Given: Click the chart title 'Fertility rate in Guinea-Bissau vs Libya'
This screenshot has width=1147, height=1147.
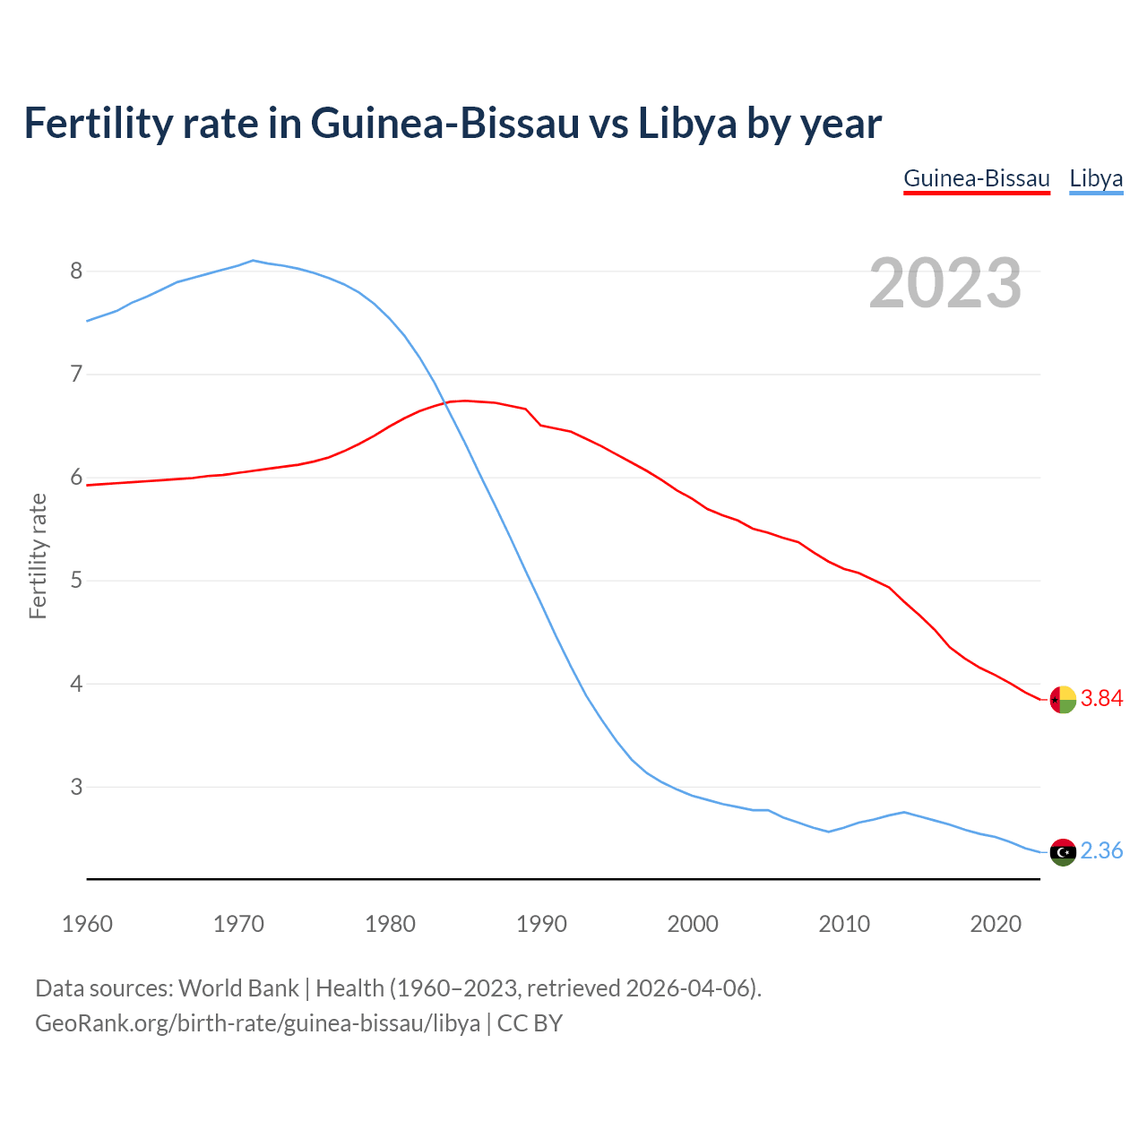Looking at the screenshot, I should [453, 123].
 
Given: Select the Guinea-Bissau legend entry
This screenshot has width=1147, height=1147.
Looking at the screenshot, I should [976, 178].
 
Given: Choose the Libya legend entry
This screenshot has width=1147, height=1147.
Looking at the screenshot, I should [1096, 178].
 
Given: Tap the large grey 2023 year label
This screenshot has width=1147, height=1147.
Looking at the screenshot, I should [945, 283].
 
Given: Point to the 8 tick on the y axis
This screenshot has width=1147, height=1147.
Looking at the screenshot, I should [76, 271].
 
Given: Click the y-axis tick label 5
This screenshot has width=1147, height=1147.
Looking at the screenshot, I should [76, 581].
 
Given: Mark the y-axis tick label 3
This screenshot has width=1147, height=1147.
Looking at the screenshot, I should [76, 787].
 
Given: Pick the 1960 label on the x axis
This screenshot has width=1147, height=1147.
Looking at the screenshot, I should [87, 924].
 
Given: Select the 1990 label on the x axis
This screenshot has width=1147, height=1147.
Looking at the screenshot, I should [541, 924].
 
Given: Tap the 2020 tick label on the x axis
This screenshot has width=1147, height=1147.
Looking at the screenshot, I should [996, 924].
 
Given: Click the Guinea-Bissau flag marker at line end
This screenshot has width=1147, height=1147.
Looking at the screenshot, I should [1063, 699].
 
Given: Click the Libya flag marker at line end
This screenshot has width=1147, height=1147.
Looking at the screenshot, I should [1063, 852].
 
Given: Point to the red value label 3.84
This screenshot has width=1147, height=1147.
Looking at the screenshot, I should [1101, 699].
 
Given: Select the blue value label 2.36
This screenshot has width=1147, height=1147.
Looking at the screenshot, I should [1101, 851].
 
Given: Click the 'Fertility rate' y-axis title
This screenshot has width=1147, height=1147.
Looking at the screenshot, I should [38, 556].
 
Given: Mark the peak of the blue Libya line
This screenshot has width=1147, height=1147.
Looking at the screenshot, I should [254, 261].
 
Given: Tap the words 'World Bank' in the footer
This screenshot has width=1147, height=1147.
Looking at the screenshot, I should [238, 988].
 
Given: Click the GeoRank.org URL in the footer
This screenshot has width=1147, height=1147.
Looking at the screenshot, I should [257, 1023].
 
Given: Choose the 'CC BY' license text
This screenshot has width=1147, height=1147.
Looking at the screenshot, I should [530, 1023].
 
